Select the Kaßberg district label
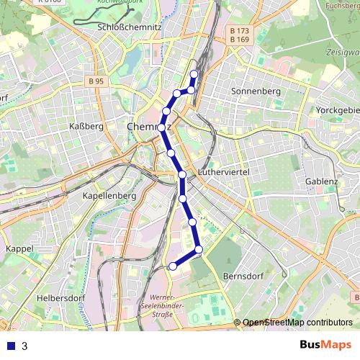pos(86,126)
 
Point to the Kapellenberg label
pos(109,195)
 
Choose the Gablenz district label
pos(321,181)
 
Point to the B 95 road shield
pos(95,81)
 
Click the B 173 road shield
pos(239,31)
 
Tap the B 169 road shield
pos(239,40)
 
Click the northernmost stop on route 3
pos(194,73)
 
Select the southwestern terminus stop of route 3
pos(172,266)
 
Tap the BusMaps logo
pos(326,345)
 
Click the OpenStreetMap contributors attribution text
pos(297,323)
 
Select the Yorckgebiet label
pos(338,109)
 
